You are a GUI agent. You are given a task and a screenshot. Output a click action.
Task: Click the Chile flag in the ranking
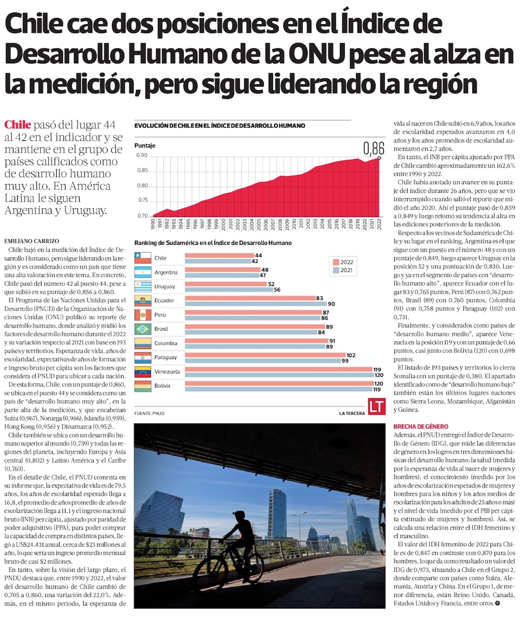pyautogui.click(x=142, y=258)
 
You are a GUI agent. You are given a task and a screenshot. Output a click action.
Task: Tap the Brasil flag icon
pyautogui.click(x=142, y=329)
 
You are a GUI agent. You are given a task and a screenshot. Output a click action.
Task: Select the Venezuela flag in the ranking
pyautogui.click(x=142, y=372)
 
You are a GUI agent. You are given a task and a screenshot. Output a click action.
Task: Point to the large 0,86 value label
pyautogui.click(x=373, y=149)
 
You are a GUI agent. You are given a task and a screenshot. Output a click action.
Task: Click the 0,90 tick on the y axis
pyautogui.click(x=141, y=155)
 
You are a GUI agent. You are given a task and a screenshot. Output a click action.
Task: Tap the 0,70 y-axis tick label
pyautogui.click(x=141, y=216)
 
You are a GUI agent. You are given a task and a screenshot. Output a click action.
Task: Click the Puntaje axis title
pyautogui.click(x=145, y=146)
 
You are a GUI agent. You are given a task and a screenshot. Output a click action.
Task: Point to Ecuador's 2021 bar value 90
pyautogui.click(x=331, y=304)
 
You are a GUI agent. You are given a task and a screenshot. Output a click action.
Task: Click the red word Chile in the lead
pyautogui.click(x=17, y=125)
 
